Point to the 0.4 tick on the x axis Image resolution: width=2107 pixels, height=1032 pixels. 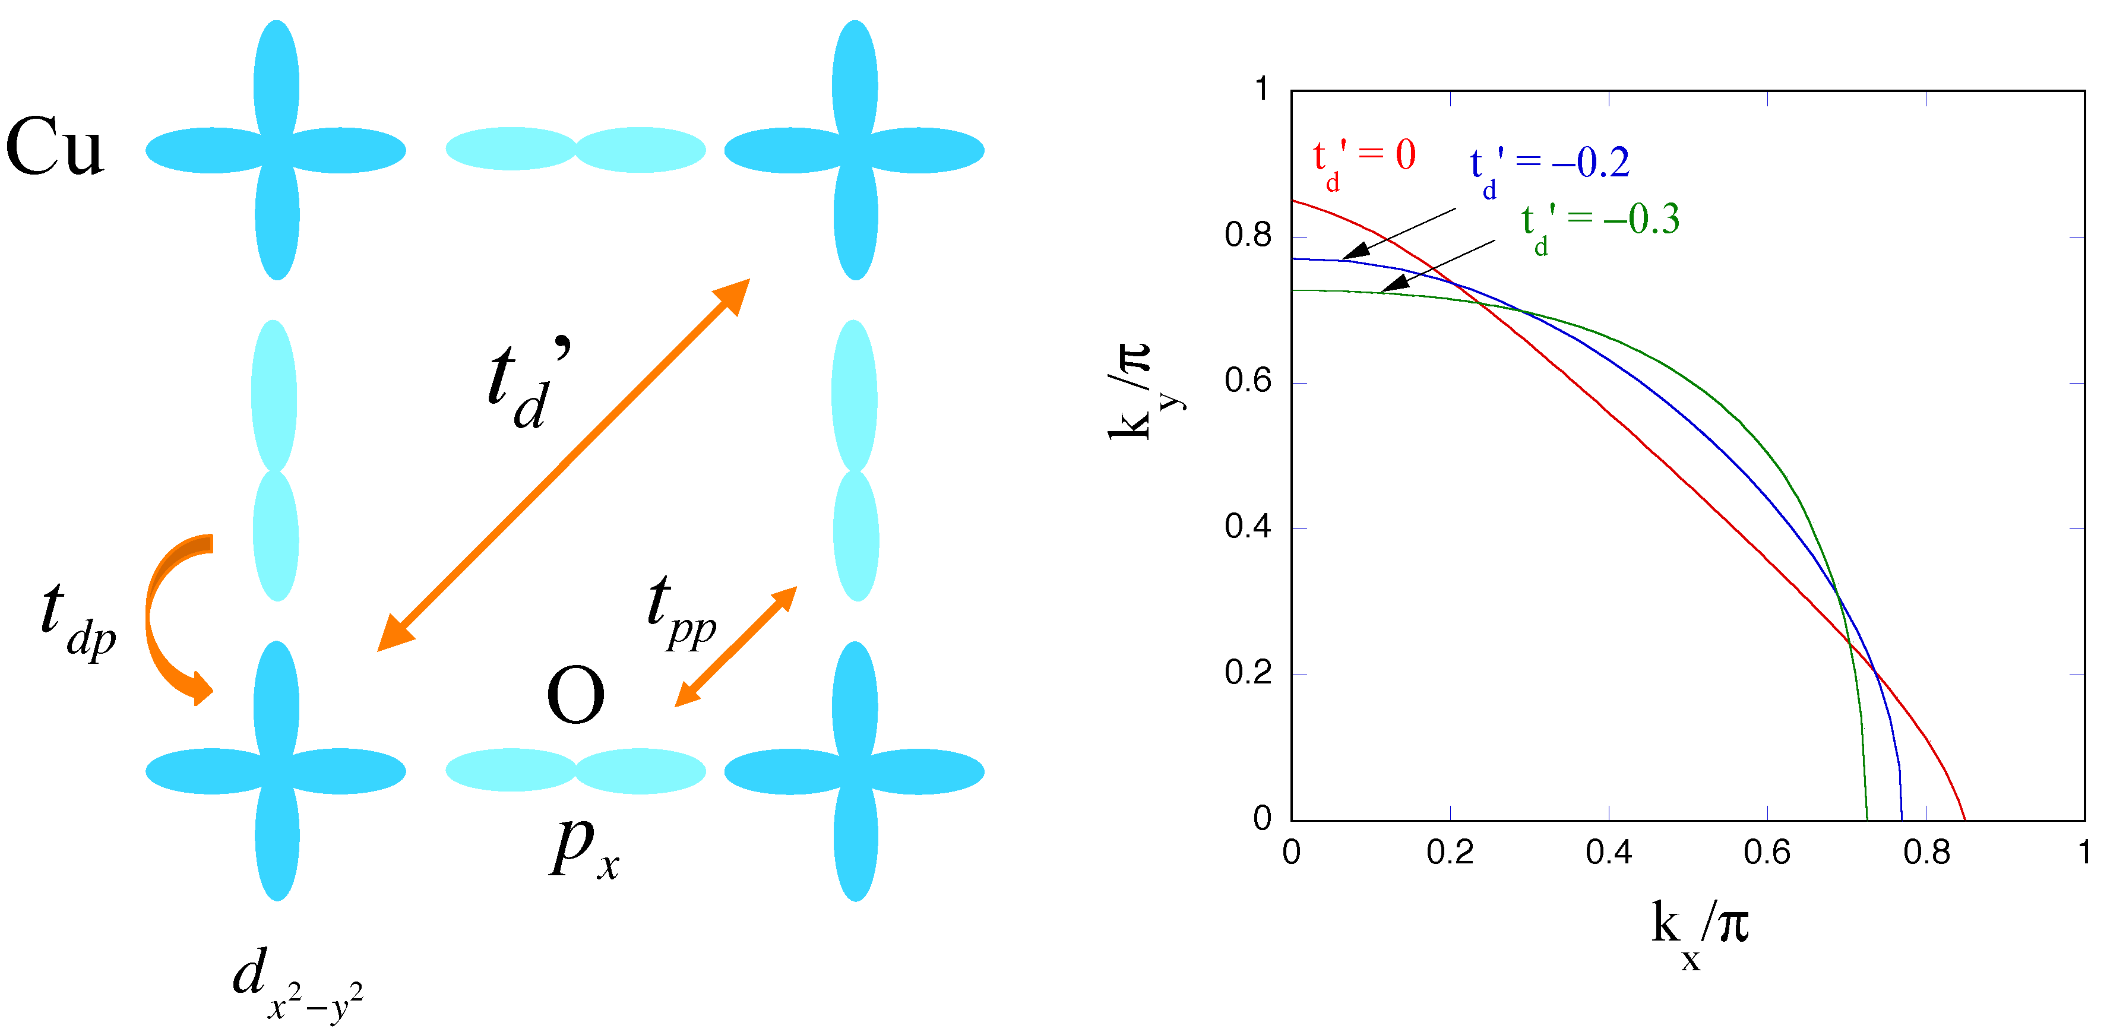coord(1608,853)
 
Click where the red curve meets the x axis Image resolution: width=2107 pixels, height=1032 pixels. coord(1964,819)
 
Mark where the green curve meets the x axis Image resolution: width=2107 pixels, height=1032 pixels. coord(1867,819)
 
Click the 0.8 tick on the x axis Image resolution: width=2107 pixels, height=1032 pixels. coord(1926,853)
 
